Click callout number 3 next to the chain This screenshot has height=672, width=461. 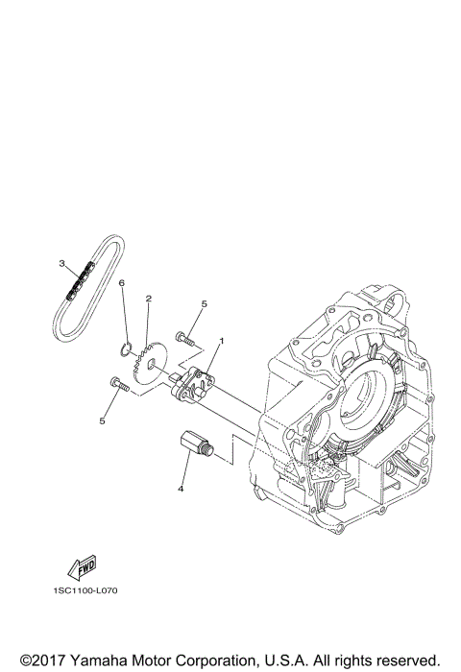pyautogui.click(x=61, y=263)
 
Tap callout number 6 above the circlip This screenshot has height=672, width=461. pyautogui.click(x=122, y=283)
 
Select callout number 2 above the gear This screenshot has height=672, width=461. pyautogui.click(x=148, y=299)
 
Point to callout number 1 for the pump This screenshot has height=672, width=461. pyautogui.click(x=221, y=340)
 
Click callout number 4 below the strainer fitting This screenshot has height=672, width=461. pyautogui.click(x=180, y=487)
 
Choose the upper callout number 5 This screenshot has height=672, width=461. pyautogui.click(x=203, y=304)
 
